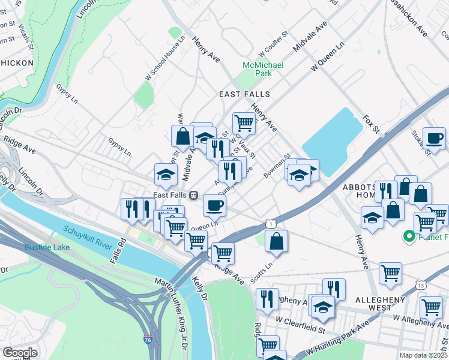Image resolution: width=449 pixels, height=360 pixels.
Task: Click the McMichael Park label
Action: tap(262, 69)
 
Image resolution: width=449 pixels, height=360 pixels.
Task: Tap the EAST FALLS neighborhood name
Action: tap(244, 95)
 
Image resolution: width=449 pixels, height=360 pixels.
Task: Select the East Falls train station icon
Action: tap(194, 195)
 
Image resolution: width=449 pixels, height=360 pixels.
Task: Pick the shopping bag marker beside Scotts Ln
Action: tap(276, 241)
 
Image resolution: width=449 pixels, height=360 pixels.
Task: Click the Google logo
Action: tap(20, 353)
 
